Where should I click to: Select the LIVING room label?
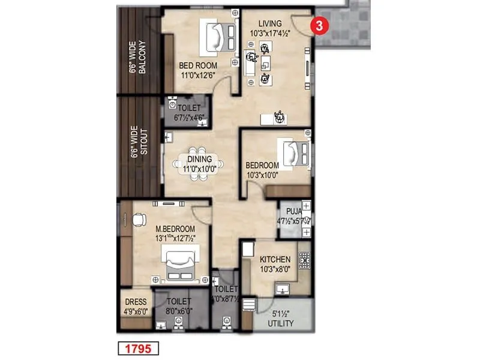269,23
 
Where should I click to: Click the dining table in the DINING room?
199,163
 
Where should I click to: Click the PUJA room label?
294,211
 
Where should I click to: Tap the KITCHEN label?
275,259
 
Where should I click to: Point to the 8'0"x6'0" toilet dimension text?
179,311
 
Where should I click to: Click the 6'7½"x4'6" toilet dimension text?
185,118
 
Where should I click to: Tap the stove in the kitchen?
305,260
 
